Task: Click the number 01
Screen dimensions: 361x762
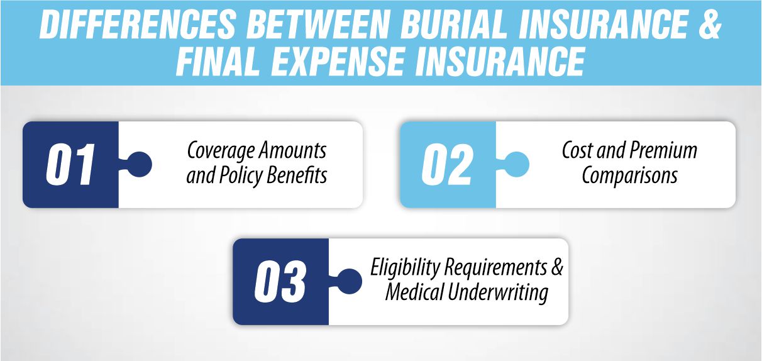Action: click(x=70, y=165)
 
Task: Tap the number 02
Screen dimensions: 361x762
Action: click(x=447, y=165)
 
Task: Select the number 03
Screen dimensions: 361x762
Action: click(x=280, y=282)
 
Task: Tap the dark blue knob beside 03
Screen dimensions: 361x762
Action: click(x=350, y=281)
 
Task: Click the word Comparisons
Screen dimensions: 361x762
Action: click(x=629, y=175)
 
